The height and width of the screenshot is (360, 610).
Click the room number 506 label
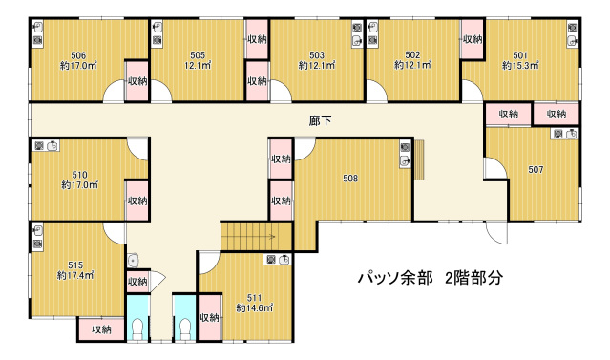click(78, 55)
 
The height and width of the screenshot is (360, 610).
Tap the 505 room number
click(198, 55)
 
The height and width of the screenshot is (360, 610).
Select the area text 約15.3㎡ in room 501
click(520, 65)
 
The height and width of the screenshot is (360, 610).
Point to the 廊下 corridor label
click(320, 121)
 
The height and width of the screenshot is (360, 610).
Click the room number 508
click(350, 179)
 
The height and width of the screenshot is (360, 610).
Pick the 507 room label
click(536, 170)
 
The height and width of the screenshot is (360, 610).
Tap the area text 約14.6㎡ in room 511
click(255, 308)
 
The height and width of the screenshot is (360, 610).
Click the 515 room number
click(75, 265)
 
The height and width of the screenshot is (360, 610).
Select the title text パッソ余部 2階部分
click(431, 278)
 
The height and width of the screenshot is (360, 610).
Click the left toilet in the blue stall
click(138, 328)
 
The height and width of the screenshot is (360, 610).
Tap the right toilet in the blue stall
click(185, 328)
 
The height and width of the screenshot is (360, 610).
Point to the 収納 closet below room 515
click(101, 329)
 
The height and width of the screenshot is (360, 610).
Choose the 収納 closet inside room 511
click(209, 318)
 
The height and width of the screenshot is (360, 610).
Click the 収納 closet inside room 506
click(137, 81)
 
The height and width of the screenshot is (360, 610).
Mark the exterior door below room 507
click(496, 233)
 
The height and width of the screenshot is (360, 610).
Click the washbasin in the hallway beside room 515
click(133, 261)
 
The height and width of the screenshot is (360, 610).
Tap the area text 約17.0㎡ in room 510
click(80, 185)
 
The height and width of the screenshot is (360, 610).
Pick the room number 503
click(317, 55)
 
